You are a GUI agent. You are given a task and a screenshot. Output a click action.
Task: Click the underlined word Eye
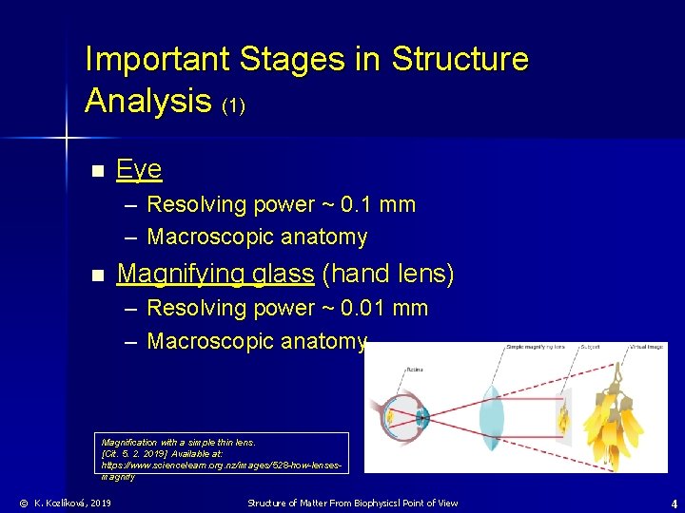[139, 170]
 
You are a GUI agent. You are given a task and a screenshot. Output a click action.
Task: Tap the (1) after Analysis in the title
[233, 104]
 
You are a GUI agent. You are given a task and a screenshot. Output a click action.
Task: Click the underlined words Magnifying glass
[215, 275]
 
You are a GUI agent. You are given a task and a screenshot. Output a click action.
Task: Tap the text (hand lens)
[388, 275]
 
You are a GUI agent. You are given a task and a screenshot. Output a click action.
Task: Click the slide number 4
[673, 503]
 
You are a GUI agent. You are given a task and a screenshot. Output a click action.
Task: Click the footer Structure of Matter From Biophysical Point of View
[352, 503]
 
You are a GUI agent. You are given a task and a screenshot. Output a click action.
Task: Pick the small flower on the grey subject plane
[563, 416]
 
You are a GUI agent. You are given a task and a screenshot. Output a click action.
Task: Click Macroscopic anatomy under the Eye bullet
[257, 237]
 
